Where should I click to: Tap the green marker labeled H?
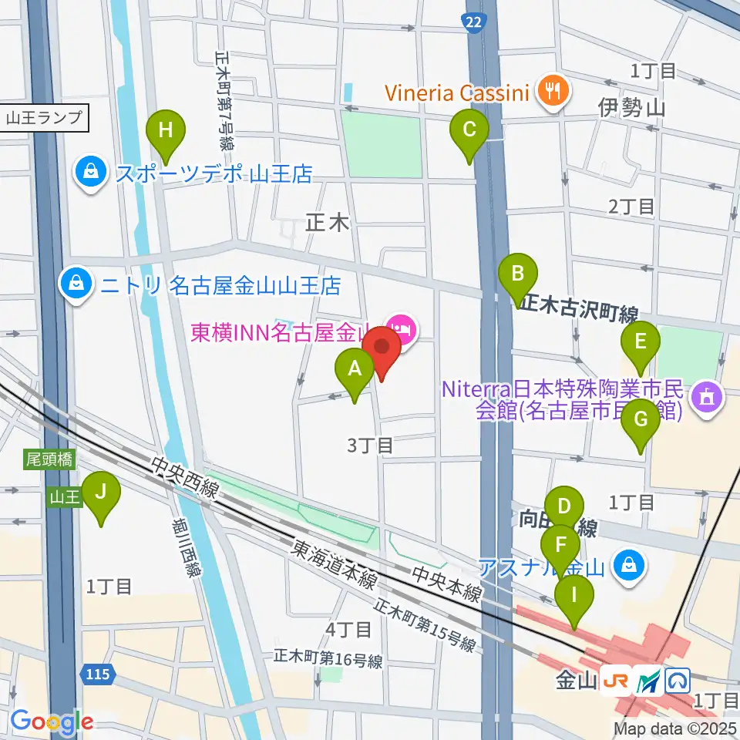(165, 129)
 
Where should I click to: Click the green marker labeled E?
(640, 341)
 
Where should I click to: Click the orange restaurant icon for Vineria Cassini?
(552, 92)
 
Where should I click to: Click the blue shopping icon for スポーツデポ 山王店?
(91, 171)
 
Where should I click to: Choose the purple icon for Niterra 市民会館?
(706, 399)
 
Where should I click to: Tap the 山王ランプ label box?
(43, 119)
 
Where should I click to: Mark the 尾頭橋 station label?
(49, 460)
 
